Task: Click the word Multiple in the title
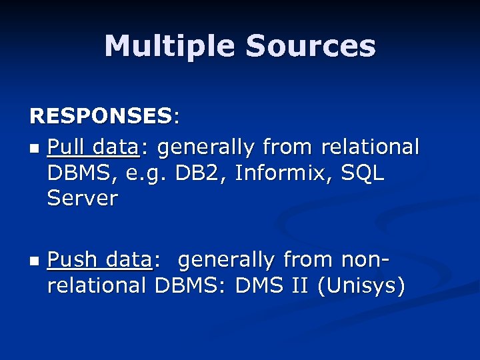coord(169,46)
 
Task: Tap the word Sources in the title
coord(310,46)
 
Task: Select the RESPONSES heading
coord(100,116)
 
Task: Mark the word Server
coord(83,198)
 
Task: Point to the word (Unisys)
coord(361,286)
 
